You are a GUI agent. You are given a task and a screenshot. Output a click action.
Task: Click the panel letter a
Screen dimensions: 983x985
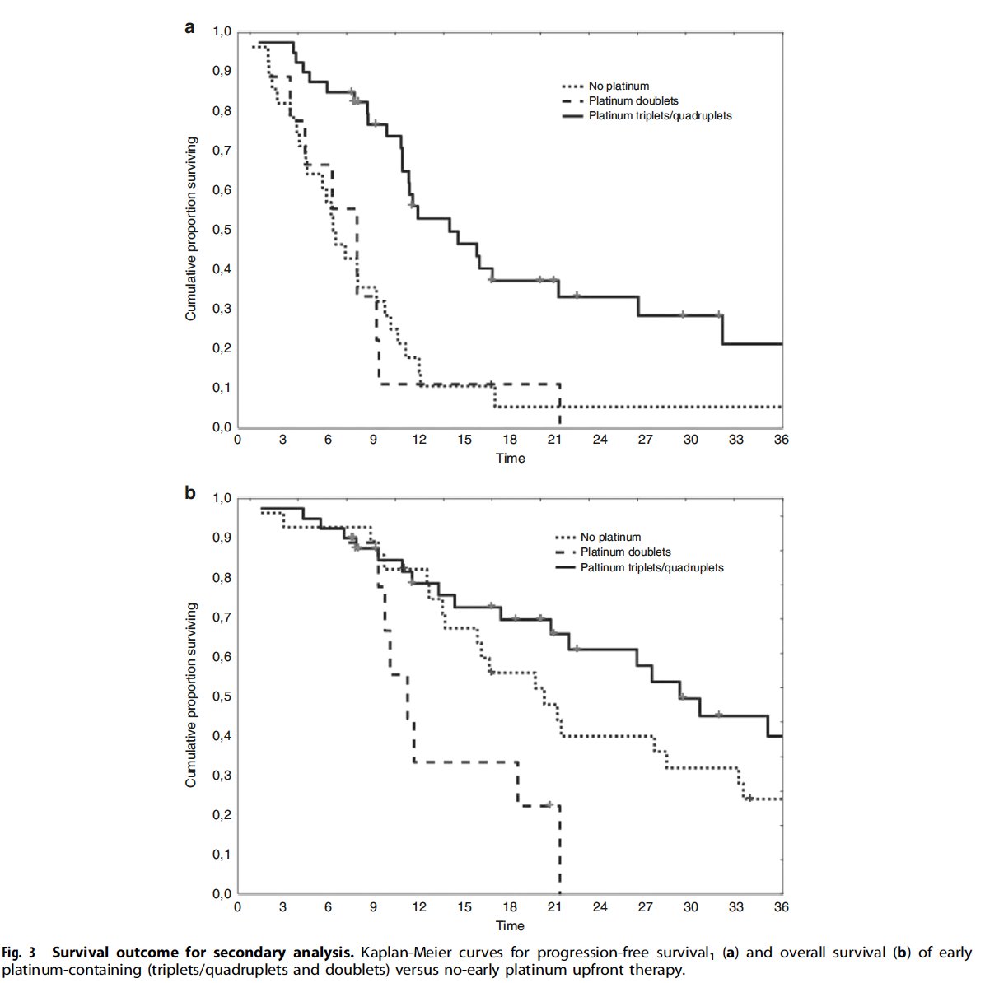pos(190,28)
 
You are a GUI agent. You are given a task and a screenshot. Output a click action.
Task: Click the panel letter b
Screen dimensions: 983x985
pos(190,494)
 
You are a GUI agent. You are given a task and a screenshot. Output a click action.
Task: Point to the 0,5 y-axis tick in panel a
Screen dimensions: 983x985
pos(222,230)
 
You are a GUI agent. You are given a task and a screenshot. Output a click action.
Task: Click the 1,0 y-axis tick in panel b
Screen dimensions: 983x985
pos(222,498)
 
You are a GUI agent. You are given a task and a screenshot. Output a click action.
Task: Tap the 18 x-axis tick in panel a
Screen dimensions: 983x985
pos(510,440)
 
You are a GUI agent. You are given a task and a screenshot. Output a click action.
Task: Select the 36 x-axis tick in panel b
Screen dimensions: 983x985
pos(781,906)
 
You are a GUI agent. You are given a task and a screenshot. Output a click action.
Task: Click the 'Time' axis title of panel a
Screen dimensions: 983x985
pos(510,458)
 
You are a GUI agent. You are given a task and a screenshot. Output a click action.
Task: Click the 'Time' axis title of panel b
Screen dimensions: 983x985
pos(510,925)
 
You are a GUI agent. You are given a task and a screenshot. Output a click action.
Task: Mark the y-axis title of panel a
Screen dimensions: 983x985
pos(191,229)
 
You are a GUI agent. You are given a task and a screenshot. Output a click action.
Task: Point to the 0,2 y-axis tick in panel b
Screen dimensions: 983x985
pos(222,815)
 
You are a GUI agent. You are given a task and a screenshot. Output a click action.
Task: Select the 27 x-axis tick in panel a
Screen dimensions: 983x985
pos(646,440)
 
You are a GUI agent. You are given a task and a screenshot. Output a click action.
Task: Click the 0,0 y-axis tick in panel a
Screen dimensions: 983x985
pos(222,427)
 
